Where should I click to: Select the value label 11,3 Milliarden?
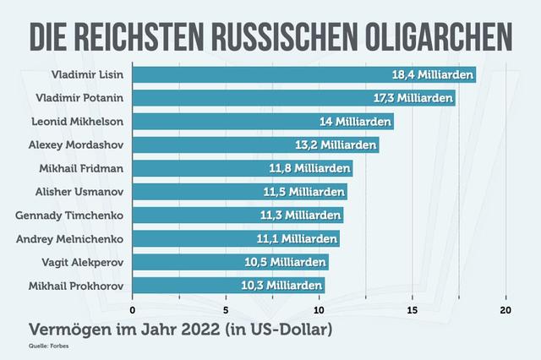[300, 215]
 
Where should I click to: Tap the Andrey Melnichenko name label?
[71, 239]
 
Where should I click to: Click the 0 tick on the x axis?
[133, 309]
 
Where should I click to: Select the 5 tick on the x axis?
[226, 309]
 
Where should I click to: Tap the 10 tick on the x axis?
[320, 309]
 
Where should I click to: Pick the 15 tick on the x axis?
[413, 309]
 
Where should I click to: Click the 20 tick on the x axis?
[506, 309]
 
